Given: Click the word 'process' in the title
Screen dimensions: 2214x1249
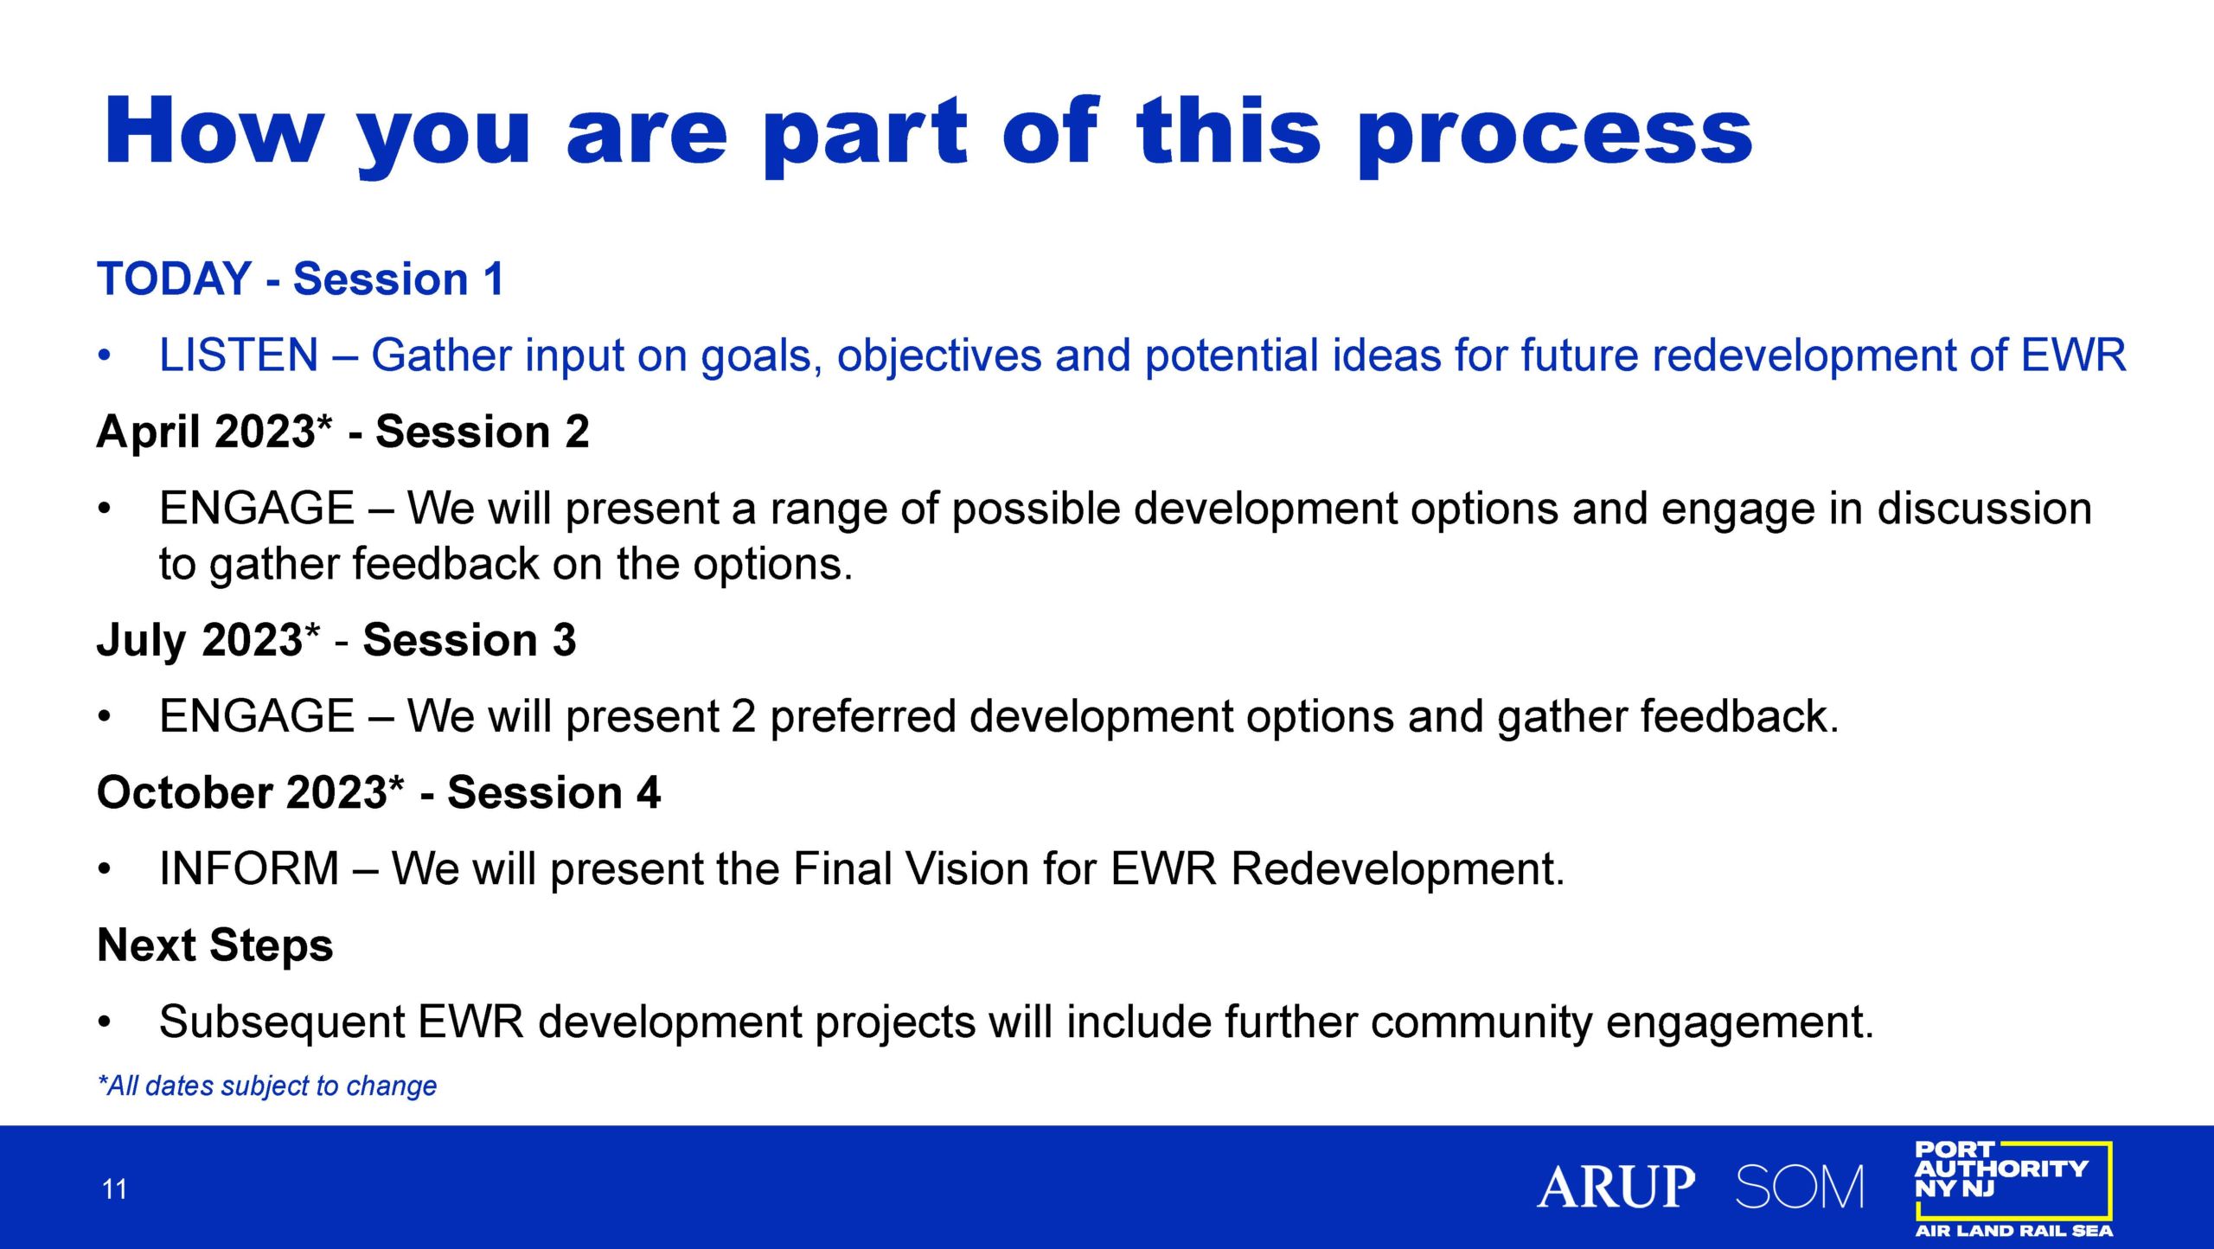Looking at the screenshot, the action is point(1554,136).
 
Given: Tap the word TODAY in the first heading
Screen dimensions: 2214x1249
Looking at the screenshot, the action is point(174,279).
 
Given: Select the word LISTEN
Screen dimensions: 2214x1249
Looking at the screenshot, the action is point(239,355).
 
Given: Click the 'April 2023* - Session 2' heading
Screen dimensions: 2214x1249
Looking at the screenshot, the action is point(342,432).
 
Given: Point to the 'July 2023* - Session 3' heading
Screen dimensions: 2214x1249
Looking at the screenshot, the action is point(336,641).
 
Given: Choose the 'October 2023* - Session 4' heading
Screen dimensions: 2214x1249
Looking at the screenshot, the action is point(379,792).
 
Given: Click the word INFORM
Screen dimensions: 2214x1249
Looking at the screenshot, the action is point(249,868).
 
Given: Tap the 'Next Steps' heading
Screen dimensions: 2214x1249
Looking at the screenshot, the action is point(215,945).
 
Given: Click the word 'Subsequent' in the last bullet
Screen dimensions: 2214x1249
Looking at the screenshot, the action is point(282,1022).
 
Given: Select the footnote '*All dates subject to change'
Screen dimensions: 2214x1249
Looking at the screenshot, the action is point(267,1086).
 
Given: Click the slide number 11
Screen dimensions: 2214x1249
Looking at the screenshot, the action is point(114,1189).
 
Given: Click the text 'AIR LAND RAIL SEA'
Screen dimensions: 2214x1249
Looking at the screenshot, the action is point(2013,1230).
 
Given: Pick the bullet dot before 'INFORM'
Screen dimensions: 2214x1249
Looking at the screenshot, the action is point(105,868).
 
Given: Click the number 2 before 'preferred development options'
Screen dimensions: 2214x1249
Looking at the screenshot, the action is point(744,716).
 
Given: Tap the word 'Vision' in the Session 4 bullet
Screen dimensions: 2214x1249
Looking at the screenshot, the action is point(968,868).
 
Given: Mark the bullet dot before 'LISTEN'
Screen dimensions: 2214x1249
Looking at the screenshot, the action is point(105,355).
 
